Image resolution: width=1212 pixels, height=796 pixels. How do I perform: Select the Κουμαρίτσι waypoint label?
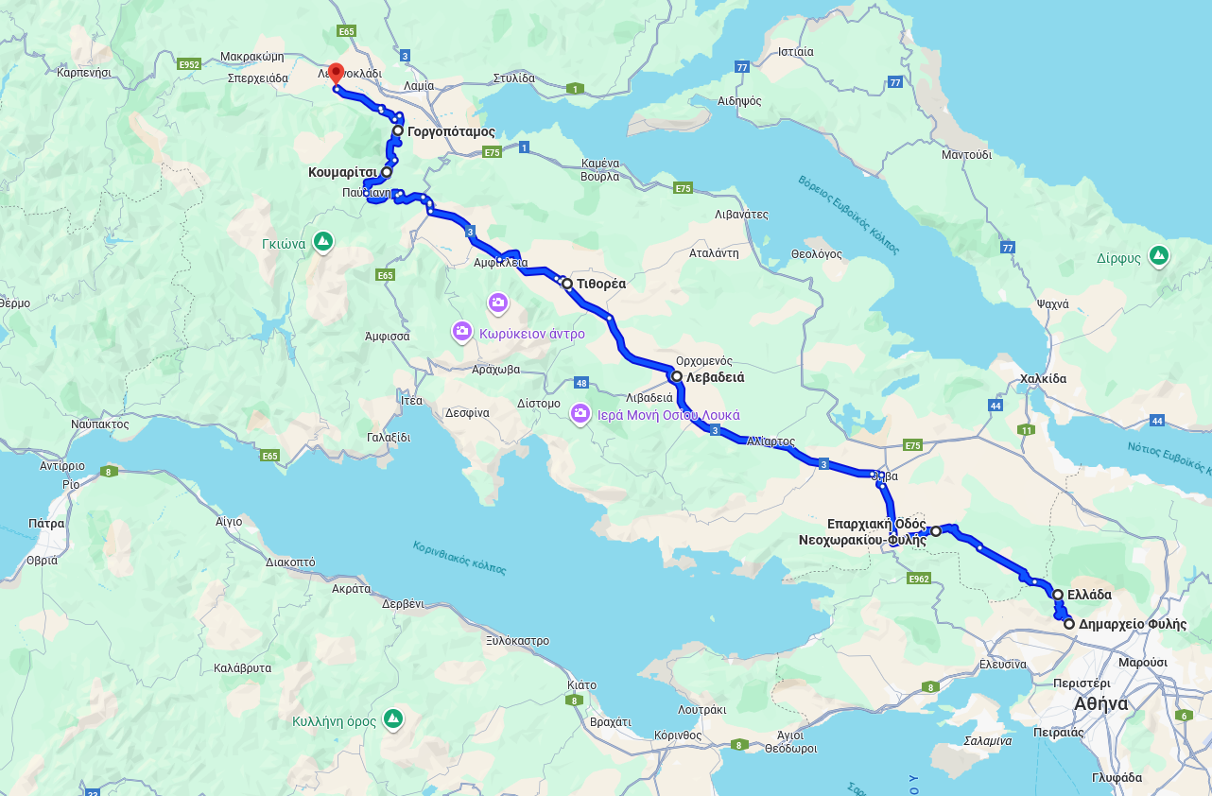[342, 173]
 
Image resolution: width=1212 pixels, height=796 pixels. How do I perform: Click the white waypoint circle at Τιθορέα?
[566, 284]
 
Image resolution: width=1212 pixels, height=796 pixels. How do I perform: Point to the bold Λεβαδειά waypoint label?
[715, 377]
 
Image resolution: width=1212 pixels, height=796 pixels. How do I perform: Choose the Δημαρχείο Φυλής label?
[1132, 625]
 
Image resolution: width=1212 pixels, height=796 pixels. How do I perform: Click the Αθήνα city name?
[1100, 704]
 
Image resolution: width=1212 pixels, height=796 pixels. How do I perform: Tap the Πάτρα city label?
[46, 523]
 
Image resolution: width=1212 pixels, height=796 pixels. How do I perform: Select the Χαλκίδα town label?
[1043, 379]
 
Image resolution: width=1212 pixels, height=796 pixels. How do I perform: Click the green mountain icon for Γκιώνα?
[323, 242]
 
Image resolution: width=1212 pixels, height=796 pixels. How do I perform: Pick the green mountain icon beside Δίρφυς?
[1159, 255]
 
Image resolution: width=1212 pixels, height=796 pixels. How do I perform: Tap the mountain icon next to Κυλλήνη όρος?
[394, 720]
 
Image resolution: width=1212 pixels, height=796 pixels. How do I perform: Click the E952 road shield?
[189, 64]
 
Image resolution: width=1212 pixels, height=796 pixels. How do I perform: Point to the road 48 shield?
[580, 383]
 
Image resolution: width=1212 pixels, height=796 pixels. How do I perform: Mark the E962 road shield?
[917, 578]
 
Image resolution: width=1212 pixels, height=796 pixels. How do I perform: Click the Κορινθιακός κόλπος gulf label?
[459, 559]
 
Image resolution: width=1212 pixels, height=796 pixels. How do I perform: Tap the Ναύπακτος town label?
[99, 424]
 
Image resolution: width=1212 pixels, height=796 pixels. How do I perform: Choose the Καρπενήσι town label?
[84, 72]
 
